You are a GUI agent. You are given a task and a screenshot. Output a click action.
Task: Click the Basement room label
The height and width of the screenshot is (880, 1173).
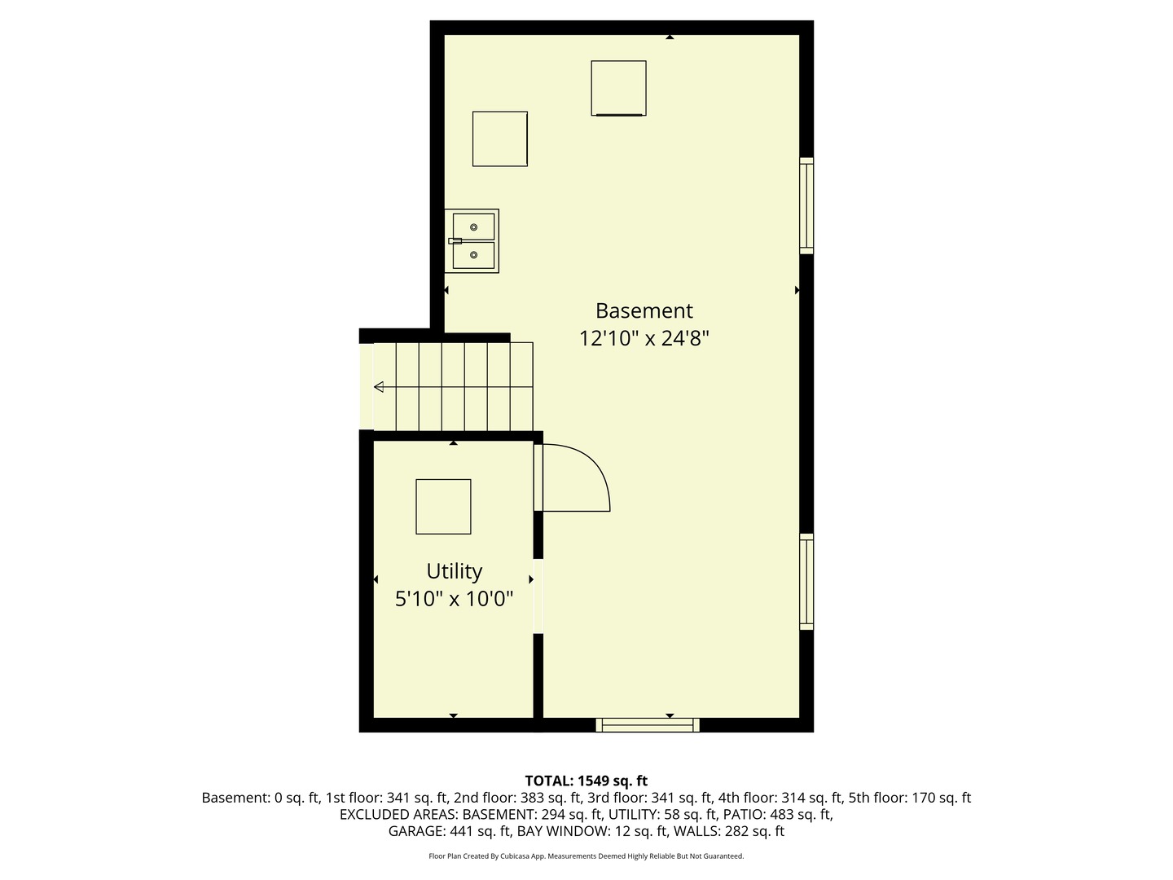point(644,310)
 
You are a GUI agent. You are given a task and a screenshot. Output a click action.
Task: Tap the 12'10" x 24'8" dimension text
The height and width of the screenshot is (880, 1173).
point(644,338)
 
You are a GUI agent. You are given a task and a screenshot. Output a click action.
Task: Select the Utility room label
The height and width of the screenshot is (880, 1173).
point(454,571)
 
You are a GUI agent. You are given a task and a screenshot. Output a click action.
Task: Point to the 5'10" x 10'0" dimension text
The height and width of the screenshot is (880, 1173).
point(454,600)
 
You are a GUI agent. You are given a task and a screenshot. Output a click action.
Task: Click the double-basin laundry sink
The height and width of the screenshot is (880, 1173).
point(472,241)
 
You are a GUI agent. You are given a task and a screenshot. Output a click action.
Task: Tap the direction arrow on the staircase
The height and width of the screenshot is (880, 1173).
point(379,386)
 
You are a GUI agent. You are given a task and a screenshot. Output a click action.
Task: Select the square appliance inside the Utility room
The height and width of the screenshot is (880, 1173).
point(443,507)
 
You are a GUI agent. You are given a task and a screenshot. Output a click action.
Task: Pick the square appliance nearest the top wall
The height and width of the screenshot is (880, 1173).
point(618,88)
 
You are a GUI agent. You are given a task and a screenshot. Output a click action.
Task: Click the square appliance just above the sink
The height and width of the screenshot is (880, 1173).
point(499,139)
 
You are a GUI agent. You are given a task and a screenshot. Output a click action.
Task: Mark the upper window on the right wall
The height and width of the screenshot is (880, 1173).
point(806,205)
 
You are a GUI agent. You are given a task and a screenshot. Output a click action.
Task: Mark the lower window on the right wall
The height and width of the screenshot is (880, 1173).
point(806,582)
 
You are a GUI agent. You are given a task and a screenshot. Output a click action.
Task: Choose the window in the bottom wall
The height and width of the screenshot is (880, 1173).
point(648,724)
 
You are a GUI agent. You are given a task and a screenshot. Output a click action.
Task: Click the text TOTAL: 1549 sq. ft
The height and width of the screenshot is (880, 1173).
point(586,781)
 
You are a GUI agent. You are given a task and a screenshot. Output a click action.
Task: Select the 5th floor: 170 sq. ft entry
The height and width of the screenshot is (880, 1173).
point(910,798)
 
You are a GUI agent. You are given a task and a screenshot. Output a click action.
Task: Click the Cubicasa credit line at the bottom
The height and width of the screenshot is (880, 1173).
point(586,856)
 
